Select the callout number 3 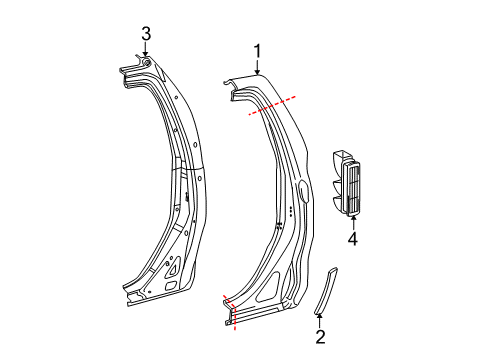pyautogui.click(x=146, y=35)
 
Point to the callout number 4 pyautogui.click(x=352, y=239)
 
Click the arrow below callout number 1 pyautogui.click(x=257, y=68)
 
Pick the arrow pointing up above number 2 pyautogui.click(x=320, y=317)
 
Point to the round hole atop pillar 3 pyautogui.click(x=147, y=64)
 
